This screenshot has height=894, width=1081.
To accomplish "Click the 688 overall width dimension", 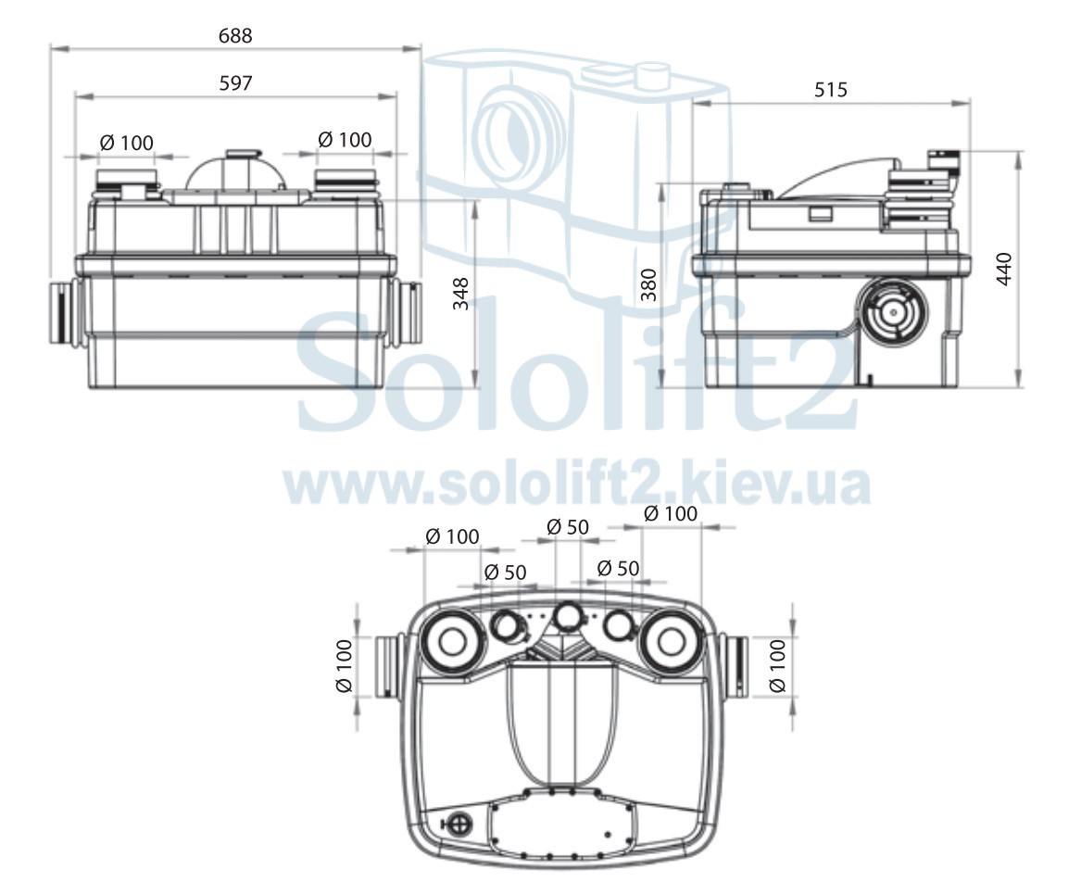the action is coord(235,35).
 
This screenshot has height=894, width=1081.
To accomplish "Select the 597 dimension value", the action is coord(236,82).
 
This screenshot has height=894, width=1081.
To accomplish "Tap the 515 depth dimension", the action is coord(831,90).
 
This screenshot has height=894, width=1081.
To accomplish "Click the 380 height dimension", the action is coord(648,284).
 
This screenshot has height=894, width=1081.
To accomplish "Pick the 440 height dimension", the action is coord(1004,269).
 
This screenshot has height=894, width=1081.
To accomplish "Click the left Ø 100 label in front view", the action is coord(127,143).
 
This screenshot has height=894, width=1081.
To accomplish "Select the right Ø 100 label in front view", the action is coord(345,140).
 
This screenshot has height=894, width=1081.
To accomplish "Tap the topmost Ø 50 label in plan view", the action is coord(568,527).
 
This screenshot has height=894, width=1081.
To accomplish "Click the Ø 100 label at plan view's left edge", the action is coord(344,666).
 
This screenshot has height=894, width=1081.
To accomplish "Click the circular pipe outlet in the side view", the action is coord(893,312).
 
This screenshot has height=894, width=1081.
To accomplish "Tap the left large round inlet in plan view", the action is coord(451,642).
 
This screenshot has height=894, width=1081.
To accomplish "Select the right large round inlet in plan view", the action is coord(670,642).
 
